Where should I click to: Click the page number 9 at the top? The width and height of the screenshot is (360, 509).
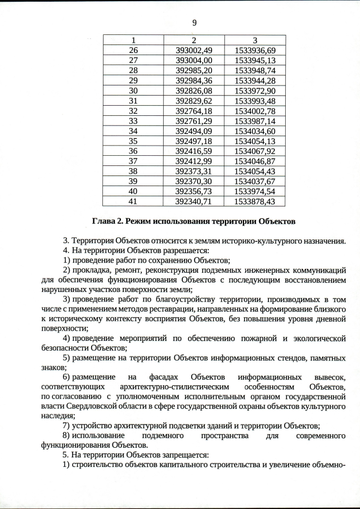coord(194,23)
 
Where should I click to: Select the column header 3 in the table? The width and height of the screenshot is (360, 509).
coord(255,40)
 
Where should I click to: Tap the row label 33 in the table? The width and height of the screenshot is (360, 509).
coord(133,121)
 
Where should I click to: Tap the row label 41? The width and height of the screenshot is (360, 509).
coord(133,201)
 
